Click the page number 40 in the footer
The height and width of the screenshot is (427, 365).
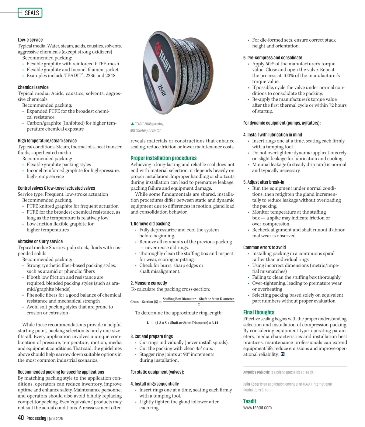(x=21, y=418)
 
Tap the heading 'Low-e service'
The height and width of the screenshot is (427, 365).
(x=30, y=40)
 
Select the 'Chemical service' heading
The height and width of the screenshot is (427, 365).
(x=33, y=87)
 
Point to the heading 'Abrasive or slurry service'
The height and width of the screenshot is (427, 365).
(x=40, y=241)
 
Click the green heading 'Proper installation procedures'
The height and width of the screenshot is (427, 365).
(x=163, y=158)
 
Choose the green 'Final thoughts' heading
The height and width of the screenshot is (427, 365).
(x=259, y=312)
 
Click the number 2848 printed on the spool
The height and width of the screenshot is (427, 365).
(x=162, y=90)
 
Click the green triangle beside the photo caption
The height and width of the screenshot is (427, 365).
(x=132, y=124)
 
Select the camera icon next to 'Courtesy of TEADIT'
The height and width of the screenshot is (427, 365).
(x=133, y=130)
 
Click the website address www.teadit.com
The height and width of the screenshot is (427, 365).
(x=257, y=408)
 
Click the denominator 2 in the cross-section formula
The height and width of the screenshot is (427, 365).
(x=199, y=304)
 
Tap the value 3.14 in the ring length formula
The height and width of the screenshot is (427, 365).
(x=215, y=323)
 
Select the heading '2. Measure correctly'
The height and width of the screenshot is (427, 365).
(x=148, y=283)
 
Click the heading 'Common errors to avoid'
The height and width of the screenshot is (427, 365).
(x=264, y=247)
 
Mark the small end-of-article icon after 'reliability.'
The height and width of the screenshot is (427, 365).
(x=283, y=354)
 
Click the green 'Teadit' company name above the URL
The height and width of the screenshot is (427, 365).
(x=250, y=401)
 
